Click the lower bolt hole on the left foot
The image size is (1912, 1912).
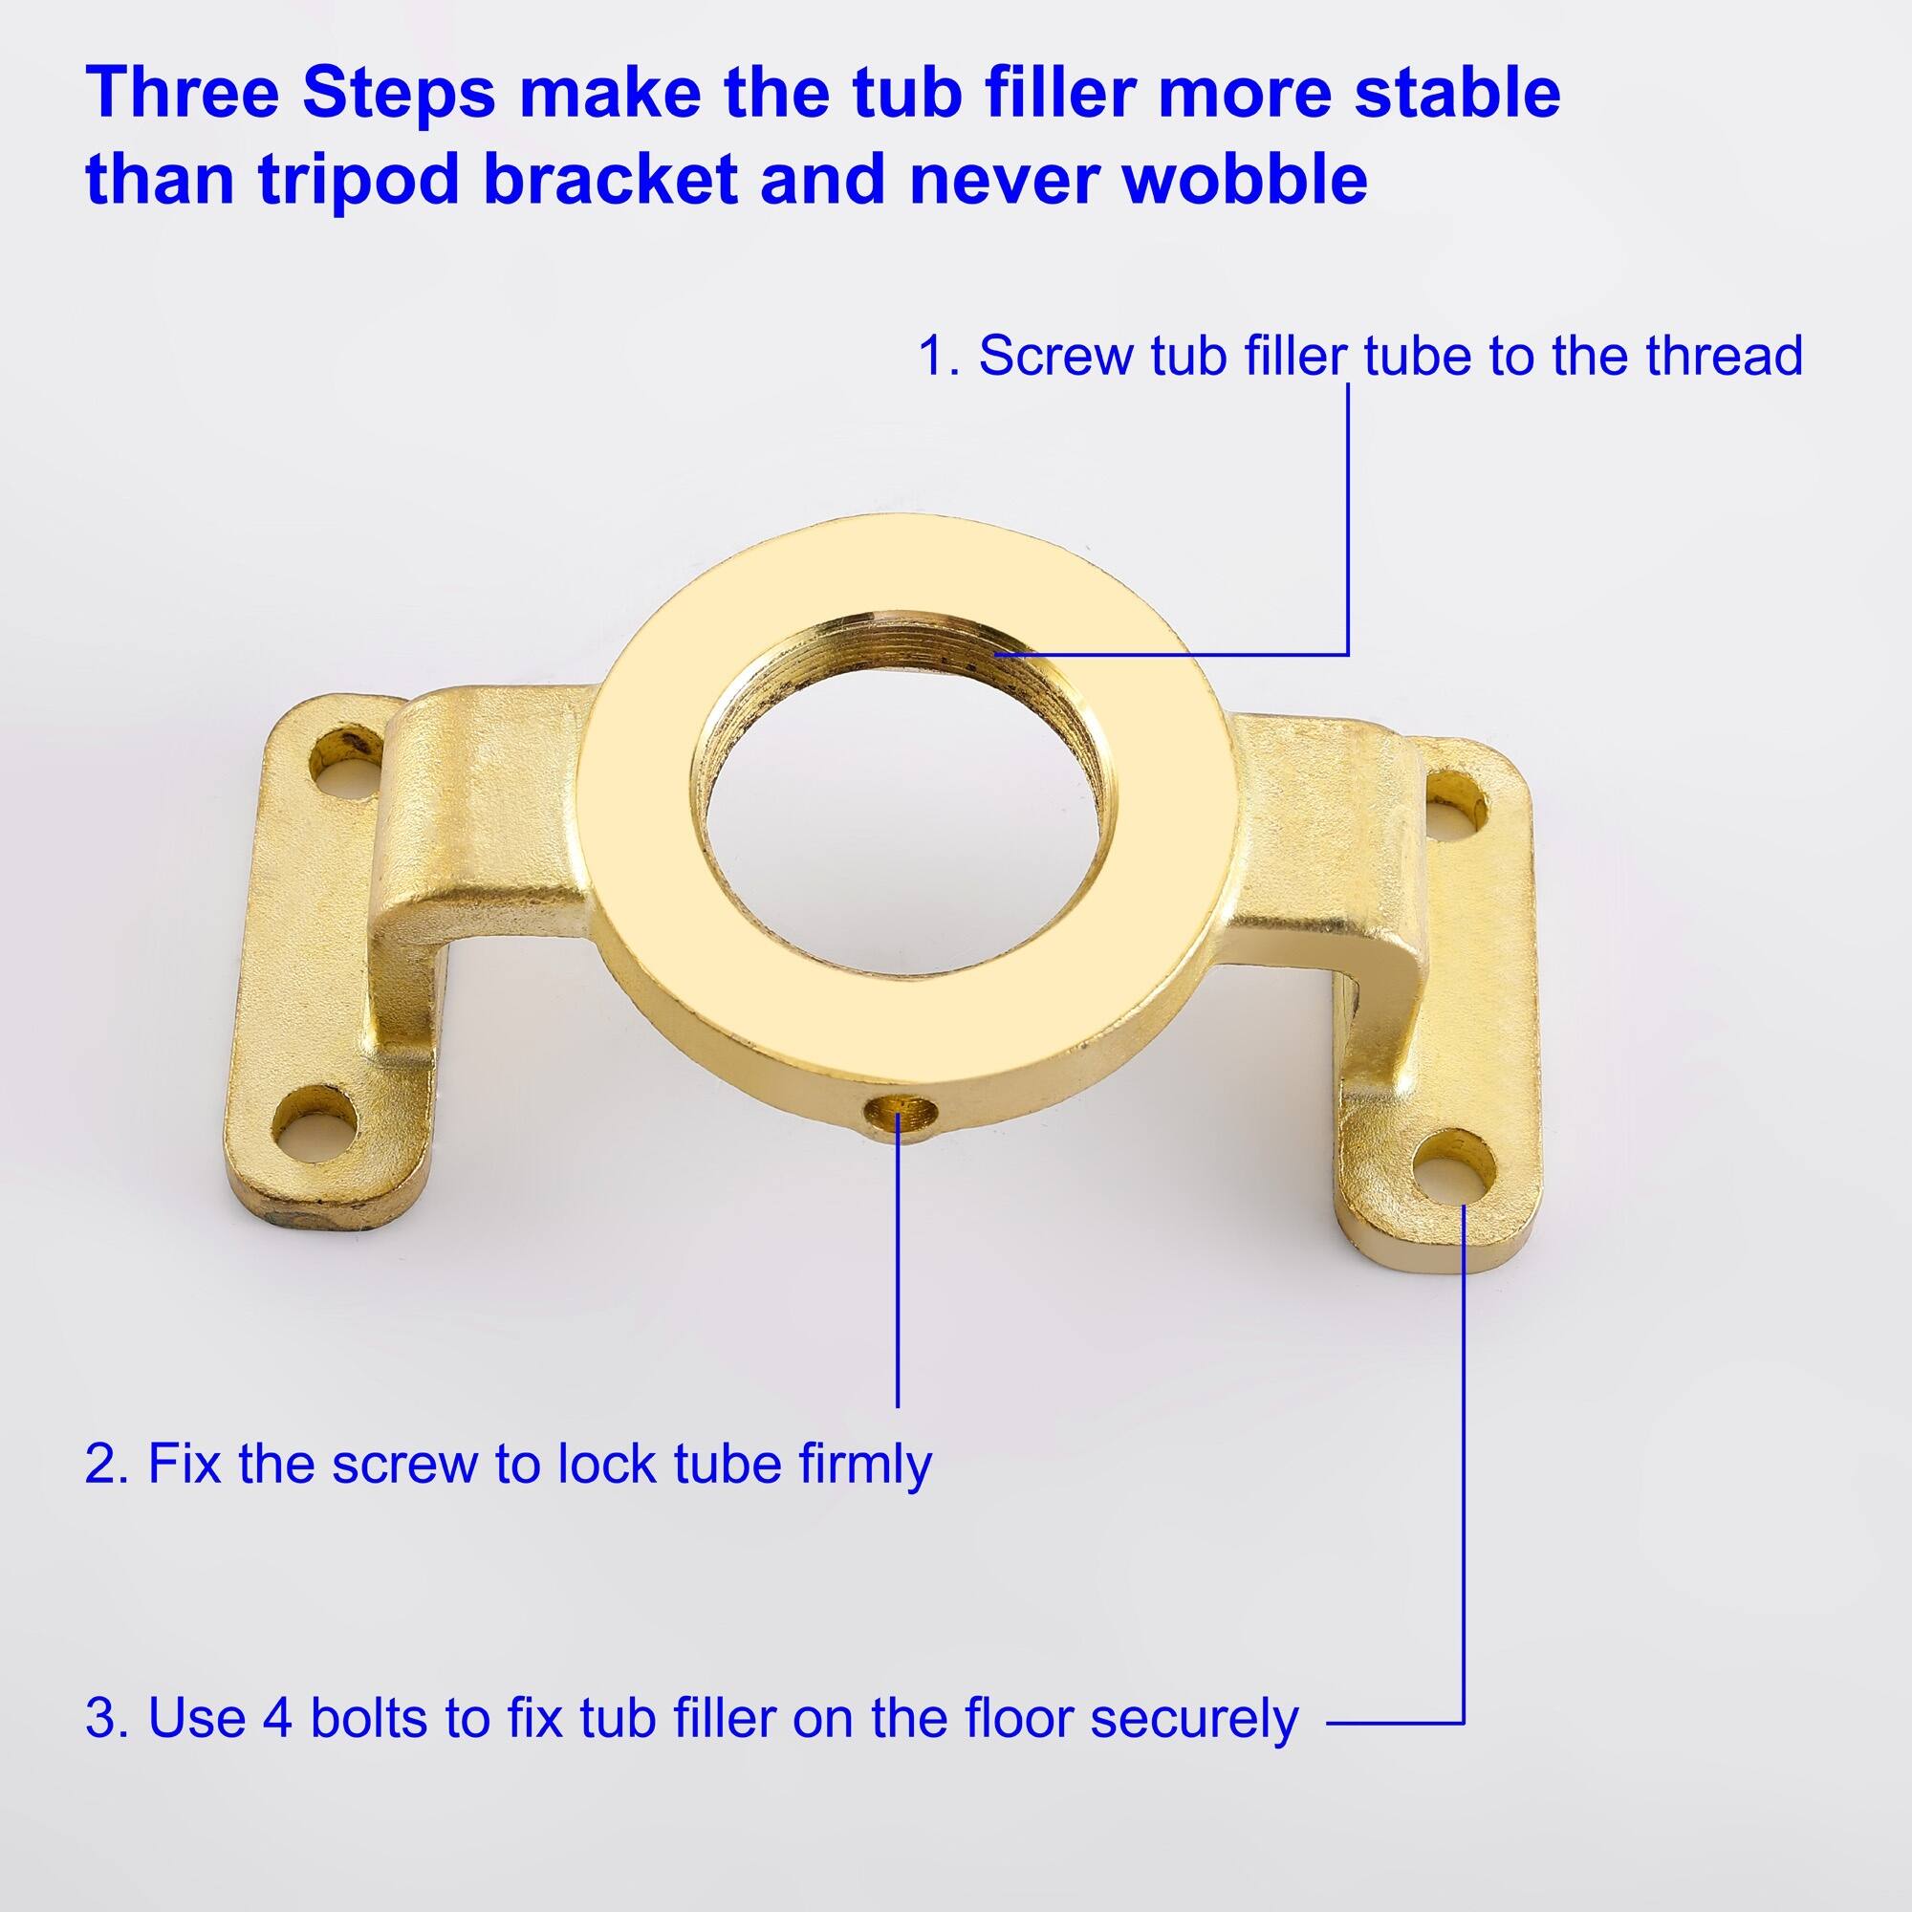pyautogui.click(x=312, y=1128)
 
